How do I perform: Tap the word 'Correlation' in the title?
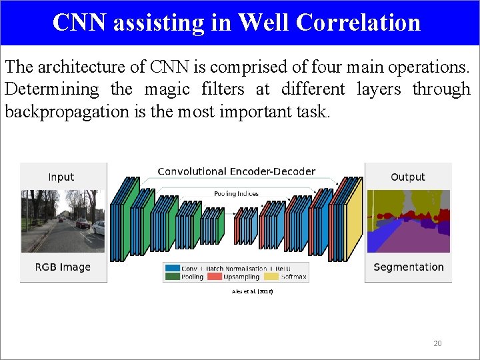coord(357,22)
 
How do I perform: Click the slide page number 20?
coord(437,343)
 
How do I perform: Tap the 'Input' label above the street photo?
coord(61,177)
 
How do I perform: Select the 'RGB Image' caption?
coord(63,267)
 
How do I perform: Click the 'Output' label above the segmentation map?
coord(407,177)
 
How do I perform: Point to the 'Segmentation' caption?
coord(408,267)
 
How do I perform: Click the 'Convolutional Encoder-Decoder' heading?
coord(236,171)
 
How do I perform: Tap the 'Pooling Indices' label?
coord(236,193)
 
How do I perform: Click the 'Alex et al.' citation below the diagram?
coord(252,291)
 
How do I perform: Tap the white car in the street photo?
coord(99,227)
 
